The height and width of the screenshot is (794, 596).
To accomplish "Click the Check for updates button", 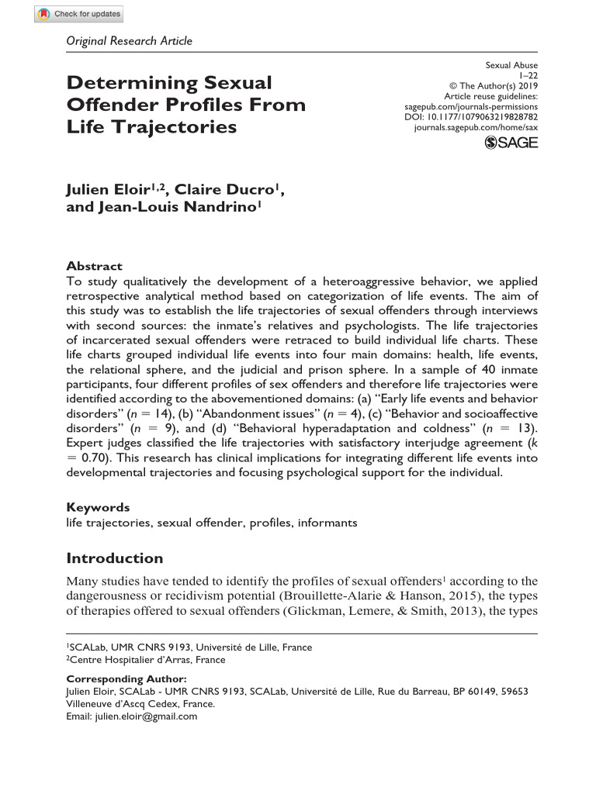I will [79, 14].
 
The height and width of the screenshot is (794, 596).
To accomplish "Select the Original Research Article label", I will [130, 41].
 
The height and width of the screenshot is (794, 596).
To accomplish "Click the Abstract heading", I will [94, 265].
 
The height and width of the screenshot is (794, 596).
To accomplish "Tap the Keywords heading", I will [98, 507].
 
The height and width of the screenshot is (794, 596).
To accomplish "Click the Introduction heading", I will [115, 558].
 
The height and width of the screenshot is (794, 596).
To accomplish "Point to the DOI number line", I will [483, 116].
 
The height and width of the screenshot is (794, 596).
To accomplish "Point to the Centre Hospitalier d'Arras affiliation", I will [147, 660].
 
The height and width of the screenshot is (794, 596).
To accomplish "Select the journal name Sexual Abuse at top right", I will [511, 65].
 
